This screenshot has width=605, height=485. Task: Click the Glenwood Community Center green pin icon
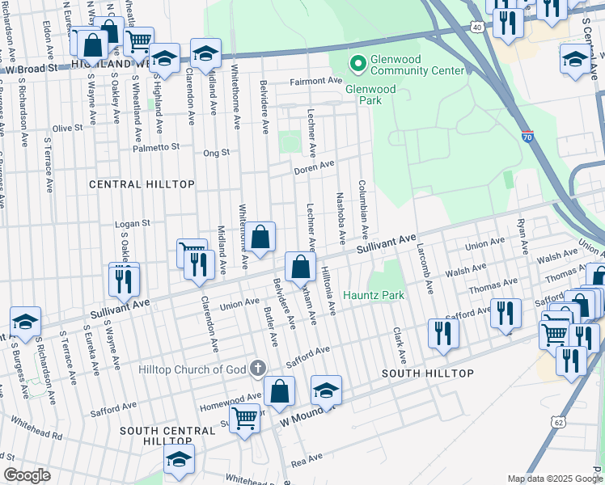[x=356, y=62]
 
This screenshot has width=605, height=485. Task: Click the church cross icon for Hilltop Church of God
[x=258, y=369]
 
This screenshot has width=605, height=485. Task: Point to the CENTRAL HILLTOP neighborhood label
[x=142, y=184]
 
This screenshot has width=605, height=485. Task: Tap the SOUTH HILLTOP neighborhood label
[x=427, y=373]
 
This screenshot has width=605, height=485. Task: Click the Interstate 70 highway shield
[x=527, y=137]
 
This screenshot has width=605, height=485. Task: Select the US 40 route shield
[x=477, y=27]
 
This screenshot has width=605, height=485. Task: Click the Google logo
[x=27, y=475]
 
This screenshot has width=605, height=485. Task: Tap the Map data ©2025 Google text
[x=553, y=479]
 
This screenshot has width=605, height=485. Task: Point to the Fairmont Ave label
[x=316, y=81]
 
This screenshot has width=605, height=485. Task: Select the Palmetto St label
[x=158, y=147]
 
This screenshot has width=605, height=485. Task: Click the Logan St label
[x=134, y=223]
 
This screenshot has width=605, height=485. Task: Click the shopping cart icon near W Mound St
[x=244, y=419]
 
